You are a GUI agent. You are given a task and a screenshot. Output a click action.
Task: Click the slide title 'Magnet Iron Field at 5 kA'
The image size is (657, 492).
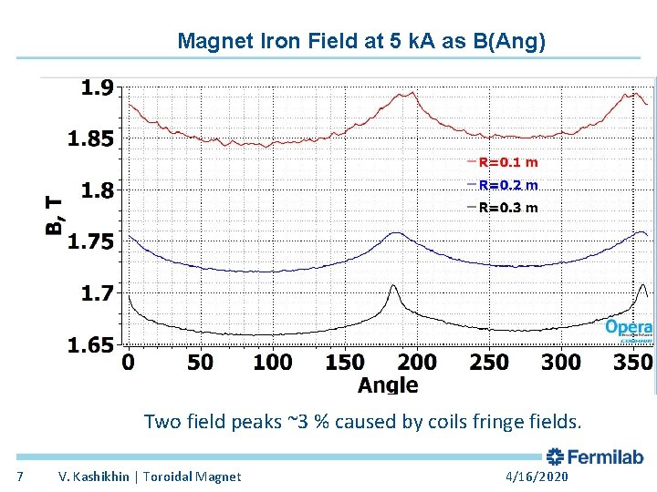361,41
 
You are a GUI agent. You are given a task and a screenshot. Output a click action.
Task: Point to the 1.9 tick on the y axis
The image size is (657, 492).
97,87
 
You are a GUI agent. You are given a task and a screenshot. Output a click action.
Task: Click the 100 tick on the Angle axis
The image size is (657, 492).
272,363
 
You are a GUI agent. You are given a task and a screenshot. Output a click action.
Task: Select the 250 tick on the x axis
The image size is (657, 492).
489,363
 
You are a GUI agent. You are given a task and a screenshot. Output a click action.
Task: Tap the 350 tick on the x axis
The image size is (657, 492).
633,363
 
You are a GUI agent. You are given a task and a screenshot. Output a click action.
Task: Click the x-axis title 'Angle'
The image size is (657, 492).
388,384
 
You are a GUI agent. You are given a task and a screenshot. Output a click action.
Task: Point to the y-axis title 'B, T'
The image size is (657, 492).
56,215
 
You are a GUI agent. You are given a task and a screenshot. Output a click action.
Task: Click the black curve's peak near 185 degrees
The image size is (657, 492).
394,286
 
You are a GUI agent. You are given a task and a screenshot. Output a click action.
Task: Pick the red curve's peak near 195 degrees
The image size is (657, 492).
413,92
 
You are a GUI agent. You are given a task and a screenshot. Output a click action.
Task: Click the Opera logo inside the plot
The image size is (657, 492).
629,328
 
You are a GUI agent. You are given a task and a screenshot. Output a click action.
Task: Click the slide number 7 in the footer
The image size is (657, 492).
21,477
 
